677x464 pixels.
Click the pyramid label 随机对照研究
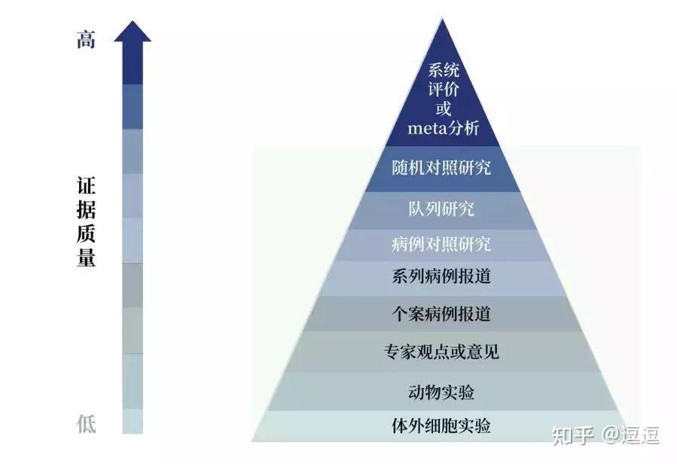click(441, 168)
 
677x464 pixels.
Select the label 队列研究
click(441, 209)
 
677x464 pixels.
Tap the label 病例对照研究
click(441, 244)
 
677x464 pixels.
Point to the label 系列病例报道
click(441, 276)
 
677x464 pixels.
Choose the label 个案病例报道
click(441, 314)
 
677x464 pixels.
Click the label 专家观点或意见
click(441, 352)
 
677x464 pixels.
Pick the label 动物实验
click(441, 392)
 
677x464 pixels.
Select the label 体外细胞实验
click(441, 426)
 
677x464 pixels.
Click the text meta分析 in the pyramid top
click(444, 128)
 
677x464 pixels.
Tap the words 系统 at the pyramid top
click(444, 70)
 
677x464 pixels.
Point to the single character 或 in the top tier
click(444, 108)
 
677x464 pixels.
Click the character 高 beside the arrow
click(86, 39)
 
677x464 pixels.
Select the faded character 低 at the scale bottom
click(87, 423)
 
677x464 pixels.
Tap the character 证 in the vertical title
click(87, 186)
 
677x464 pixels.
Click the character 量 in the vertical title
click(87, 258)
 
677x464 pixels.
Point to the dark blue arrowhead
click(133, 32)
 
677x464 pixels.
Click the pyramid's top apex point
click(442, 19)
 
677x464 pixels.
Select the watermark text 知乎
click(572, 435)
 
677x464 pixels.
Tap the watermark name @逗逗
click(631, 435)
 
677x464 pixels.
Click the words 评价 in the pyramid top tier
click(444, 90)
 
